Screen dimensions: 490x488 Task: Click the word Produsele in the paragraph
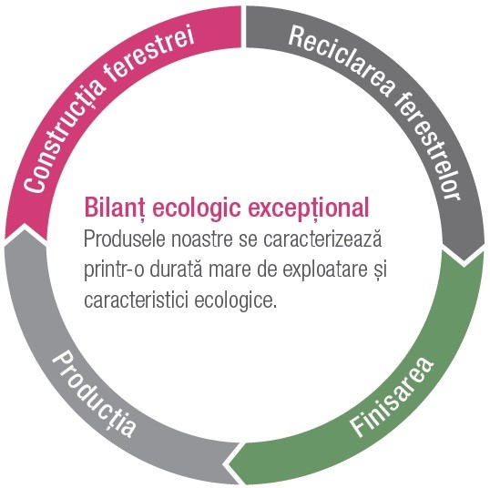point(125,239)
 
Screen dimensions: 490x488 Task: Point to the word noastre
point(202,239)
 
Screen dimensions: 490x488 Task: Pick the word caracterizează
point(322,239)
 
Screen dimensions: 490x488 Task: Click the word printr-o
point(114,269)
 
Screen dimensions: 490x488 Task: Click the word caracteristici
point(136,300)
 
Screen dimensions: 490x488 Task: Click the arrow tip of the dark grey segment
point(464,260)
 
